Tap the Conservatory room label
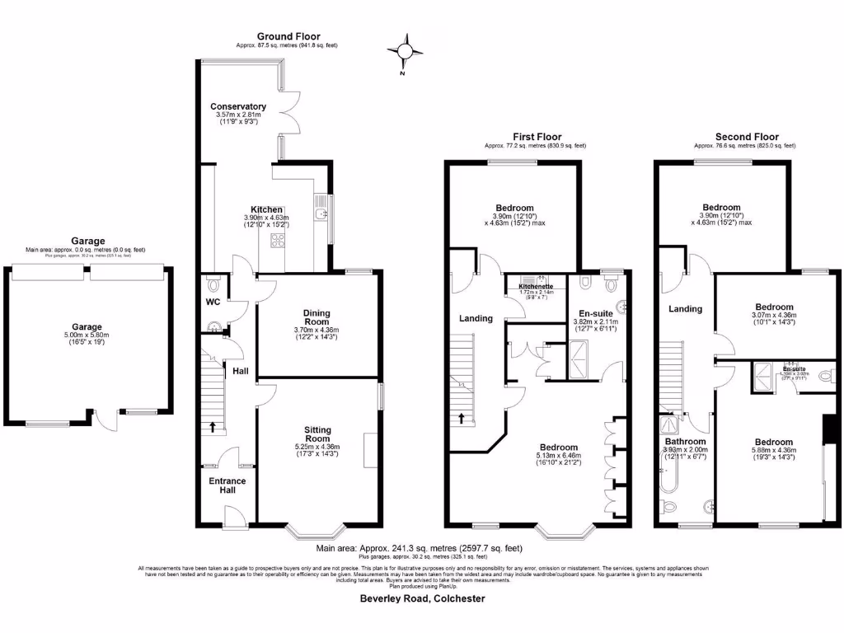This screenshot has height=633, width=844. pos(237,107)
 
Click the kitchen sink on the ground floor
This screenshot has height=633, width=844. pos(320,215)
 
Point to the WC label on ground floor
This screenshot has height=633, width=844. pos(213,302)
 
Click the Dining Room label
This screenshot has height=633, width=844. pos(316,317)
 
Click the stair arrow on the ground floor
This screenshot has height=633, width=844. pos(215,427)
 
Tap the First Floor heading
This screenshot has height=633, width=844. pos(537,137)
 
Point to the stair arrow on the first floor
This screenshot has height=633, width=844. pos(462,417)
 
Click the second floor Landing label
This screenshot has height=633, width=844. pos(685,309)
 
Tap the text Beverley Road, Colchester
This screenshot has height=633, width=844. pos(422,599)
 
